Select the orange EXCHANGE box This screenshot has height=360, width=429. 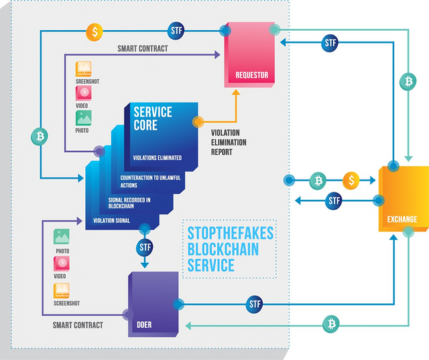pos(402,198)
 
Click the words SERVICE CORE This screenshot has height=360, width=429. pos(152,118)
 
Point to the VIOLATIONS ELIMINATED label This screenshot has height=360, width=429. pos(157,158)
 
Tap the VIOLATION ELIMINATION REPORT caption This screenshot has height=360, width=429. pos(228,142)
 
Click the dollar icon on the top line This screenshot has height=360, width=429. pos(95,31)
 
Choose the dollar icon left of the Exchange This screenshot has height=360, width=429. pos(351,180)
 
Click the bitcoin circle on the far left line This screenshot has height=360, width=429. pos(40,137)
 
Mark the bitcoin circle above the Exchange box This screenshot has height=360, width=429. pos(408,82)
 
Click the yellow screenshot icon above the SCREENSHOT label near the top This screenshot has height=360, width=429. pos(83,69)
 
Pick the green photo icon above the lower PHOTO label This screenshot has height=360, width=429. pos(62,237)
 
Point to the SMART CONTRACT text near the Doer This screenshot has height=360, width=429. pos(78,325)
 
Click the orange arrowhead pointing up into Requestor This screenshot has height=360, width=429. pos(235,95)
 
